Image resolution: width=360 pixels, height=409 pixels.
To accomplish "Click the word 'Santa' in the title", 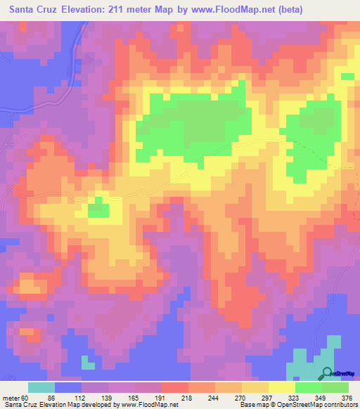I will pyautogui.click(x=24, y=9).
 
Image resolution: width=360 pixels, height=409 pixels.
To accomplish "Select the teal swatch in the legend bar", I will pyautogui.click(x=41, y=387).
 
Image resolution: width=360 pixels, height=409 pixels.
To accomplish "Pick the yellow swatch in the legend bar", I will pyautogui.click(x=282, y=387).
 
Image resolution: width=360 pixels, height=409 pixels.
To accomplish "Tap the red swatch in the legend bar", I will pyautogui.click(x=175, y=387).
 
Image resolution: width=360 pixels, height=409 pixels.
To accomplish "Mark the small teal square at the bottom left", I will pyautogui.click(x=88, y=362).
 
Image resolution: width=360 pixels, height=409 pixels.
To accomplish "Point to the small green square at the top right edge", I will pyautogui.click(x=347, y=77).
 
